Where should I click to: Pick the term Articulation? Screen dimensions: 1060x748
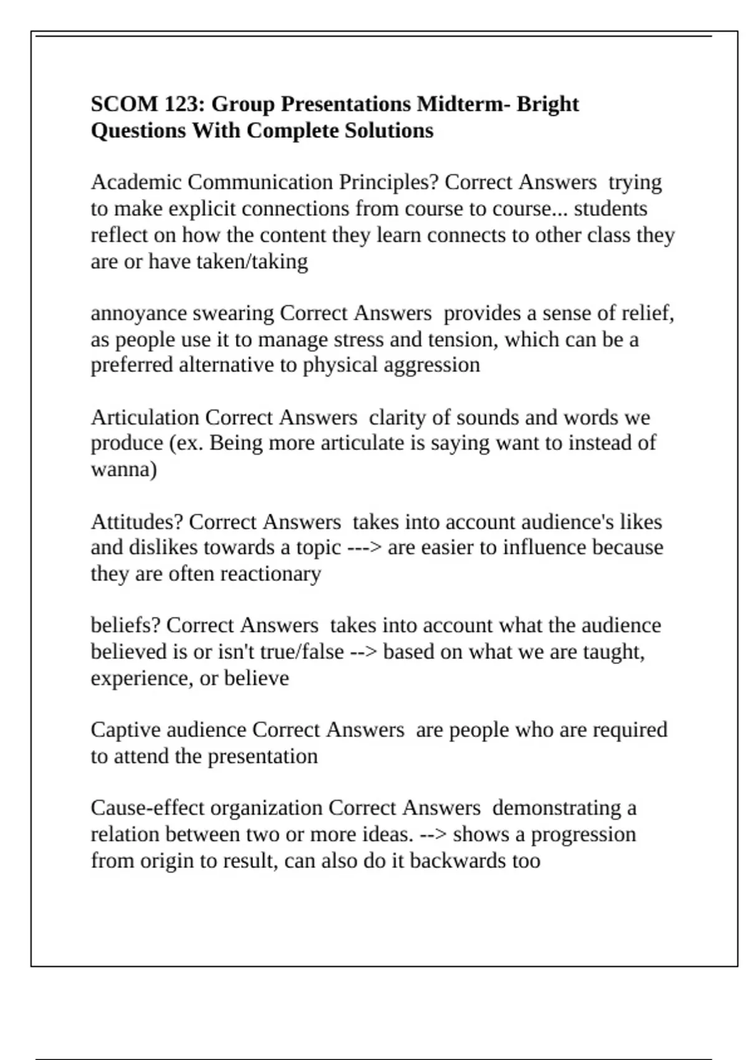coord(145,417)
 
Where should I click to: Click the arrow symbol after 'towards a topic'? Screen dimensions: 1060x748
coord(365,548)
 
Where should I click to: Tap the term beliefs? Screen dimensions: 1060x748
coord(125,625)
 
